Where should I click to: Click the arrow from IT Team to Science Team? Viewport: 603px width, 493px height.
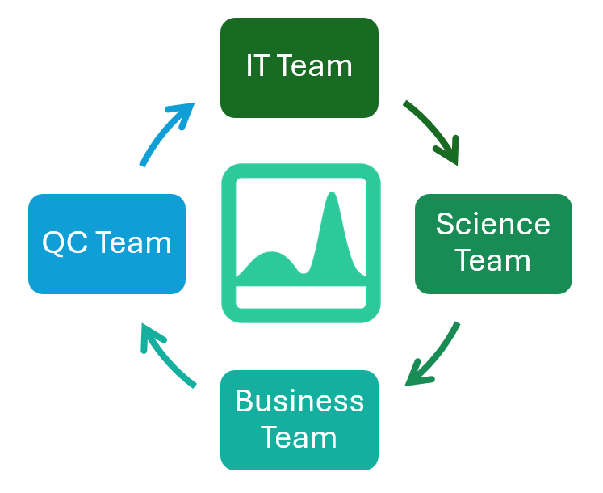[434, 130]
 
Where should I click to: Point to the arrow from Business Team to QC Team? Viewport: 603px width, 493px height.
[165, 355]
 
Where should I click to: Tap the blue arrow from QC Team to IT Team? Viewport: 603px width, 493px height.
[165, 133]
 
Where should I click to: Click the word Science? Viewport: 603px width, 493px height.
[493, 224]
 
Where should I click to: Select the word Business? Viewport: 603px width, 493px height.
[299, 402]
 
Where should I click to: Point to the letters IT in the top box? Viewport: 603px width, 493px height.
[257, 66]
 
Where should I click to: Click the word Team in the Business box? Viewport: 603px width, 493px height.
[299, 437]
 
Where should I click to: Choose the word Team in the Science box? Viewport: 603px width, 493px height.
[493, 260]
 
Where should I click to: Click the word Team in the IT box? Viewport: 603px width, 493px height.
[314, 66]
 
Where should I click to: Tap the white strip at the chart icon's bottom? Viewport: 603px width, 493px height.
[300, 297]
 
